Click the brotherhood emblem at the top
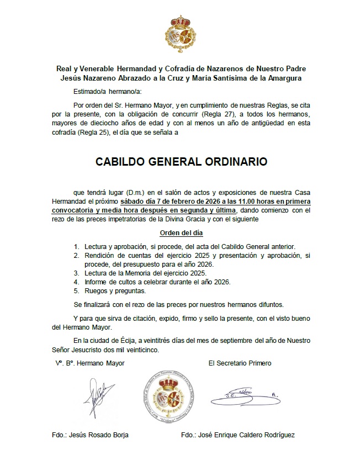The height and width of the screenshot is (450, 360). tap(181, 34)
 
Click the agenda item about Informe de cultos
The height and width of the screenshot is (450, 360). tap(157, 282)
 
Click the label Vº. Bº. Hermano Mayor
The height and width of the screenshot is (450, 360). tap(89, 363)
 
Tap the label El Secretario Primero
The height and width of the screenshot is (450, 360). tap(240, 363)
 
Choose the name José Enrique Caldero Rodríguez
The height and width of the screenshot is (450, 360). tap(237, 435)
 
